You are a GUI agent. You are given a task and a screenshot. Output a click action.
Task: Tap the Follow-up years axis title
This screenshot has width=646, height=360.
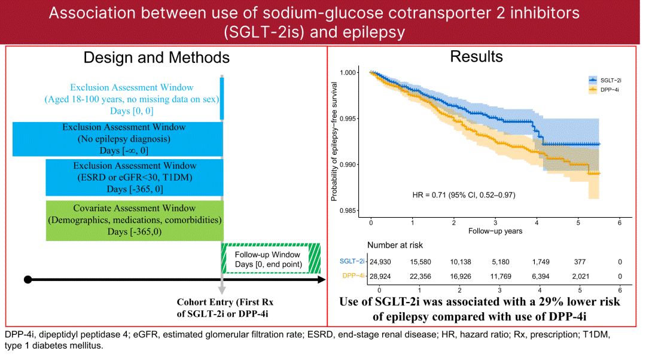click(495, 231)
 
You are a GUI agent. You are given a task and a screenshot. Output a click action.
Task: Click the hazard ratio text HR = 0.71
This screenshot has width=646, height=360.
click(464, 196)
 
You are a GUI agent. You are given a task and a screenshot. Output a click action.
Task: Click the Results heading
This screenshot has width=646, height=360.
click(476, 57)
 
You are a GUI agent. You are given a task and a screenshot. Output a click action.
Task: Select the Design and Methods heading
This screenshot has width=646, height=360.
click(156, 57)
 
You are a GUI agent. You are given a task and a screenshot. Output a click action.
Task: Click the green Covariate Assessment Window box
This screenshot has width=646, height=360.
click(135, 219)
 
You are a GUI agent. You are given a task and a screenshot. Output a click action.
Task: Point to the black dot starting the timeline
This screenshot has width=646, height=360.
click(28, 279)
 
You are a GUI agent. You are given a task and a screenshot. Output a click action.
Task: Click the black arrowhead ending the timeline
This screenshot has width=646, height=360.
click(321, 279)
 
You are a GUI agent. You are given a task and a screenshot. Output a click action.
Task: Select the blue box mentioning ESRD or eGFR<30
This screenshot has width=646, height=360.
click(135, 177)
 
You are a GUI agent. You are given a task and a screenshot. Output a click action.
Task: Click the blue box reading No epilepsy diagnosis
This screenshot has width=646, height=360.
click(118, 139)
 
